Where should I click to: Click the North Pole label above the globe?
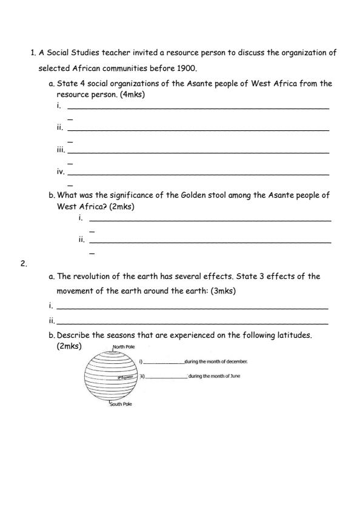coord(124,347)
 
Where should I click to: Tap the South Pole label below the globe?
coord(121,404)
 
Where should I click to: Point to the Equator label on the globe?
coord(125,377)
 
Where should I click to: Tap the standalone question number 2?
coord(24,264)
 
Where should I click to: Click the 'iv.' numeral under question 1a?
coord(61,172)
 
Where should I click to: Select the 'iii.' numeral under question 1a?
coord(61,150)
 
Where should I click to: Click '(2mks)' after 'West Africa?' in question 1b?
coord(121,206)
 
